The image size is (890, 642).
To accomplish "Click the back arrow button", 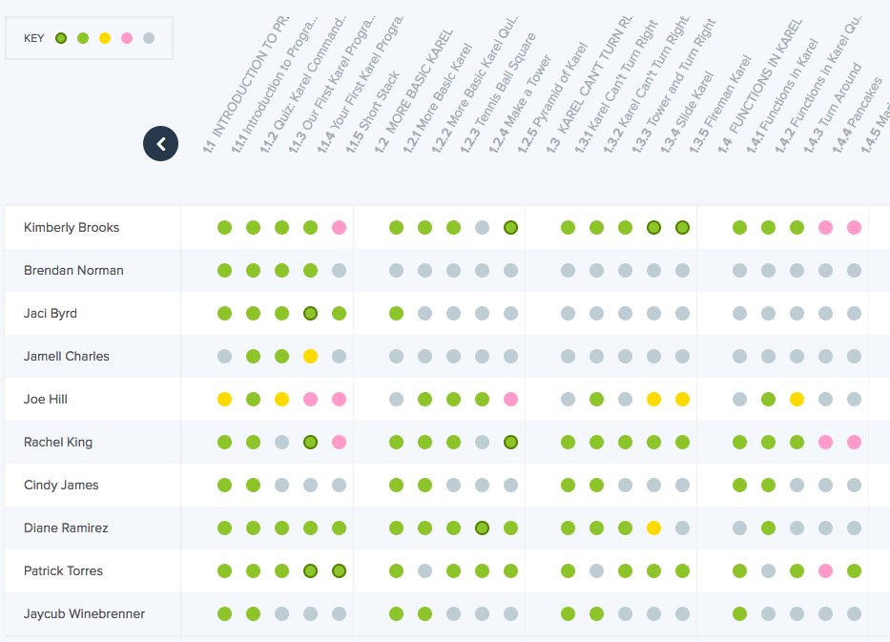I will (x=160, y=144).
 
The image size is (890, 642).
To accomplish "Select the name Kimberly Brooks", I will (x=72, y=228).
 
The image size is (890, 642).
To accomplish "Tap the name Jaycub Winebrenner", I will (x=85, y=614).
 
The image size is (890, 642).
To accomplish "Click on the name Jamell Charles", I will (x=67, y=357).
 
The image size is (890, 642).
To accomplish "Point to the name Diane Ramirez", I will (x=66, y=528).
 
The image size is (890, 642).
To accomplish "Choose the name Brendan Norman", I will (x=73, y=271).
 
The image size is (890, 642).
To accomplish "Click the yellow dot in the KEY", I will (x=105, y=38).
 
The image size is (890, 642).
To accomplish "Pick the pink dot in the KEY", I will (x=127, y=38).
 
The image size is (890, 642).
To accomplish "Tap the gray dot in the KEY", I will (x=149, y=38).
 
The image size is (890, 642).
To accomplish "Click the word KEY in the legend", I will (x=34, y=39).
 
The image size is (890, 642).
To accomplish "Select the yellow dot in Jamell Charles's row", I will (x=310, y=357).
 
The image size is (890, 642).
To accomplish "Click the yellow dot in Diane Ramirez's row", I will (x=653, y=528).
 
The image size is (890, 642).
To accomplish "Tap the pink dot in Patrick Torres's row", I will (x=825, y=571).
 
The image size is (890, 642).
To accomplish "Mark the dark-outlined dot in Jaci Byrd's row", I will (x=310, y=314).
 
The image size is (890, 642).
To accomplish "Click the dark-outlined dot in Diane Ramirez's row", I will (x=482, y=528).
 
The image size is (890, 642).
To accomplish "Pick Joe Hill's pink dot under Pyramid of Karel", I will (x=510, y=400).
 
